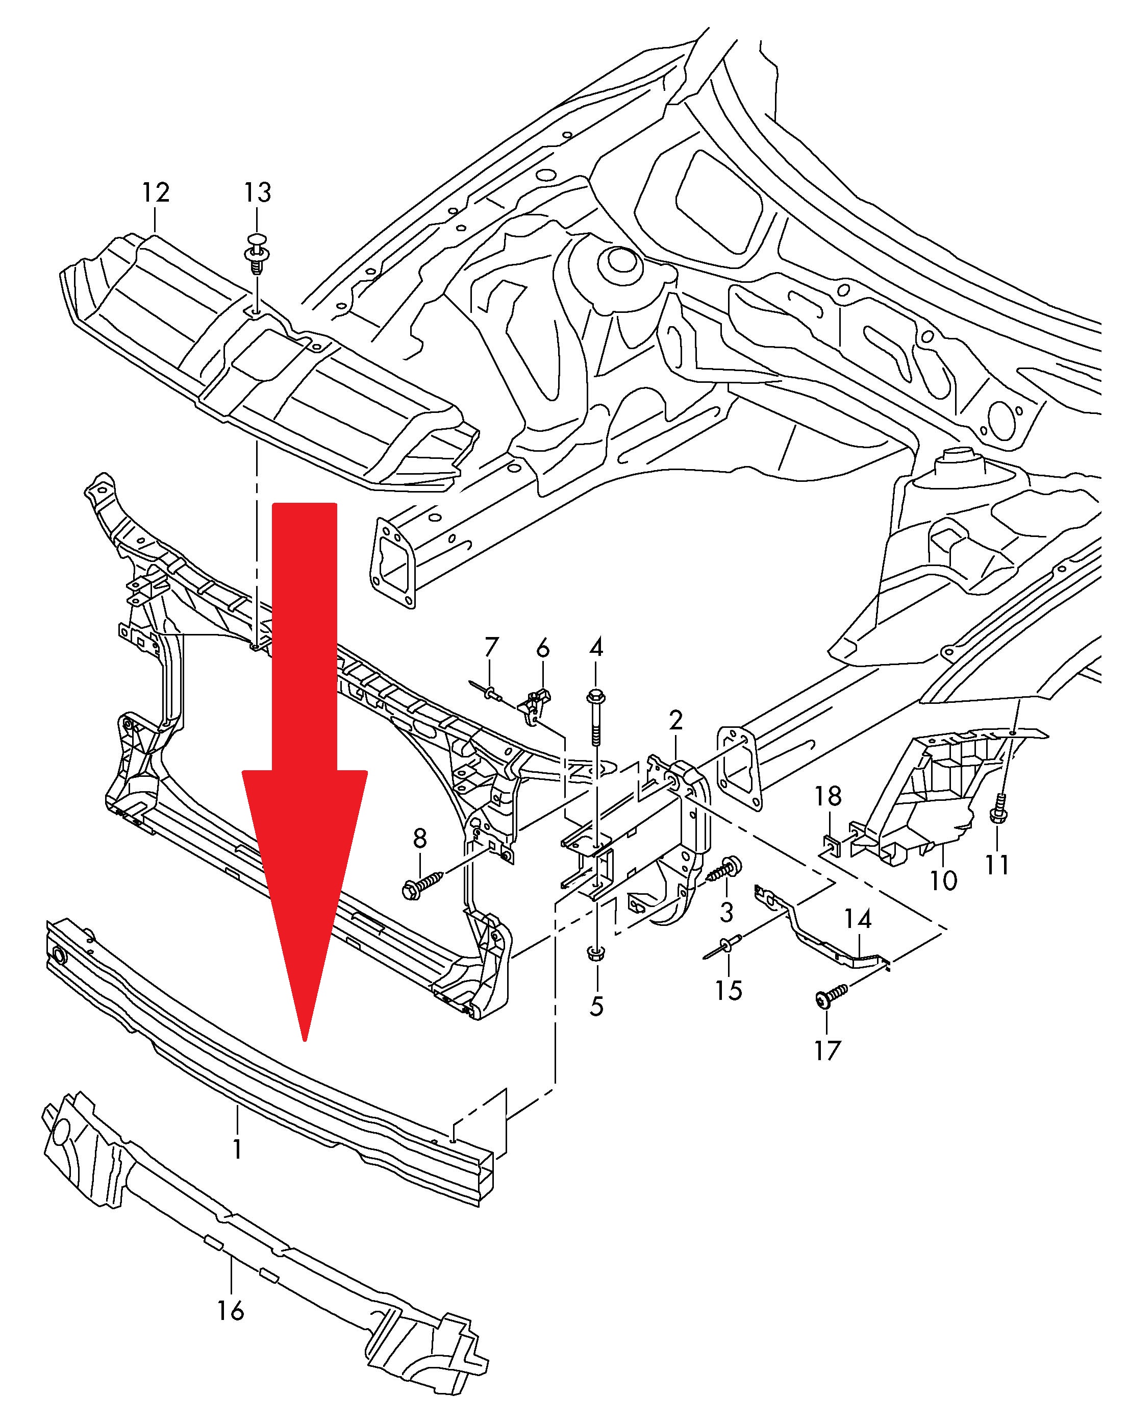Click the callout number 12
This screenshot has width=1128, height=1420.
point(156,192)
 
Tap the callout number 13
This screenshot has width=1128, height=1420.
point(258,192)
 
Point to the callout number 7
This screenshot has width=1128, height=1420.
point(491,648)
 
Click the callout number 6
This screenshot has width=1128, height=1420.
point(542,648)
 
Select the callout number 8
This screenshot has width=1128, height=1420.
point(419,839)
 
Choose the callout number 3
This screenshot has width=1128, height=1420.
point(726,912)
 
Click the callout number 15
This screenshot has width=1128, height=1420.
point(729,990)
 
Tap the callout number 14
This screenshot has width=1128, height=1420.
point(858,919)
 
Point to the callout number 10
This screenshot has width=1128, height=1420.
point(943,879)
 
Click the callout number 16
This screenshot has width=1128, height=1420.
point(231,1311)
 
